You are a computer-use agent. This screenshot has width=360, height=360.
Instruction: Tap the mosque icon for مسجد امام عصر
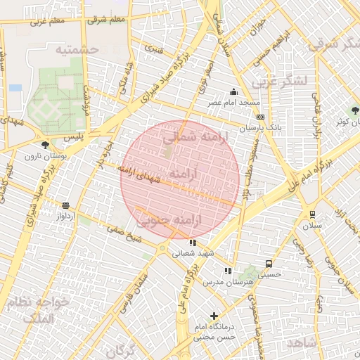click(234, 91)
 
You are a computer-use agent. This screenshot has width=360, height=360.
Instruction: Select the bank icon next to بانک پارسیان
click(260, 117)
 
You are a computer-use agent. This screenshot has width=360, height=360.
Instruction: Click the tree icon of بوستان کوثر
click(354, 110)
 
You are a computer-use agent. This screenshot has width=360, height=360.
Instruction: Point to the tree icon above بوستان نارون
click(46, 145)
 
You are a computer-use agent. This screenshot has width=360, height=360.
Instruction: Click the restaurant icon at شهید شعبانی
click(193, 243)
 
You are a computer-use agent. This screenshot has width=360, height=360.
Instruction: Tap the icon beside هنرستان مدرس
click(227, 271)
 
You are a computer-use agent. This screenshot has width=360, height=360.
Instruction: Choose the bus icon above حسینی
click(269, 264)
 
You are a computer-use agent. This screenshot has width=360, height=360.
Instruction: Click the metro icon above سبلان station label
click(312, 214)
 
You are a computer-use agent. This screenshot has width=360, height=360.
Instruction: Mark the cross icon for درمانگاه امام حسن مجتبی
click(214, 316)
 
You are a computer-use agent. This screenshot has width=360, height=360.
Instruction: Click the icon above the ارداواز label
click(66, 206)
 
